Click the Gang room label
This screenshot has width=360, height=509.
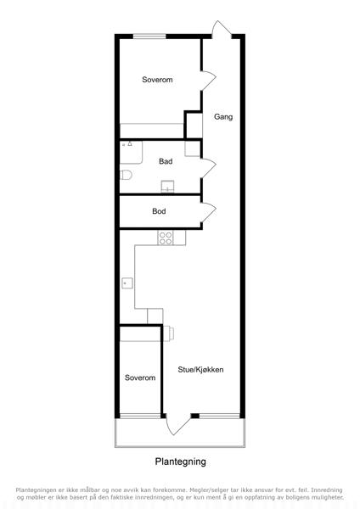point(223,117)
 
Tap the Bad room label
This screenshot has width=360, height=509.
point(166,161)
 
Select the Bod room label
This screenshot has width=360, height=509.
point(159,211)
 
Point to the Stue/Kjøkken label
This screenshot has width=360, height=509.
point(200,370)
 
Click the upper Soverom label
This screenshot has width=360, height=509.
point(157,80)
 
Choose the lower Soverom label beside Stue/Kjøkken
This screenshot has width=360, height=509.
point(140,378)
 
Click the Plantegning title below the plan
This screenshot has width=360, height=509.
point(180,461)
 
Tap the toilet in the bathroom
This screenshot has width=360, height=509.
point(126,175)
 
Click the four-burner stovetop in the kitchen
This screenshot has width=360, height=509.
point(166,238)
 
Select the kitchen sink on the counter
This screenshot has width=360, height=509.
point(127,283)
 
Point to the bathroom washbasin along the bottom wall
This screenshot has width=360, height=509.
point(167,187)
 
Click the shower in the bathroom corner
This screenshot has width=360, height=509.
point(131,152)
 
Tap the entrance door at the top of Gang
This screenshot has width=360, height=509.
point(222,30)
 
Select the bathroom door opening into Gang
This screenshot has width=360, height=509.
point(208,167)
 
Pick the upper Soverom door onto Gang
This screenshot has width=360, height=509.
point(208,81)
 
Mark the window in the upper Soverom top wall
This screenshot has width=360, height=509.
point(149,36)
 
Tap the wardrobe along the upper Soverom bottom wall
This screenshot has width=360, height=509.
point(152,131)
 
